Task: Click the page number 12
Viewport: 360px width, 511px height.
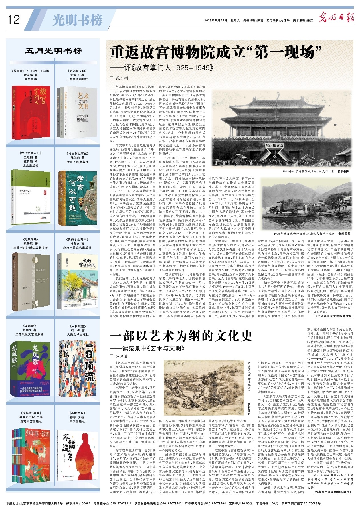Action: (13, 19)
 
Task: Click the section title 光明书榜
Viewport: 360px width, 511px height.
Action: (77, 20)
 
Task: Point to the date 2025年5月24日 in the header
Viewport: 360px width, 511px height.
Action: (216, 20)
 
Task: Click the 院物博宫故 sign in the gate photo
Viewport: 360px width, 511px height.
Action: (275, 146)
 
